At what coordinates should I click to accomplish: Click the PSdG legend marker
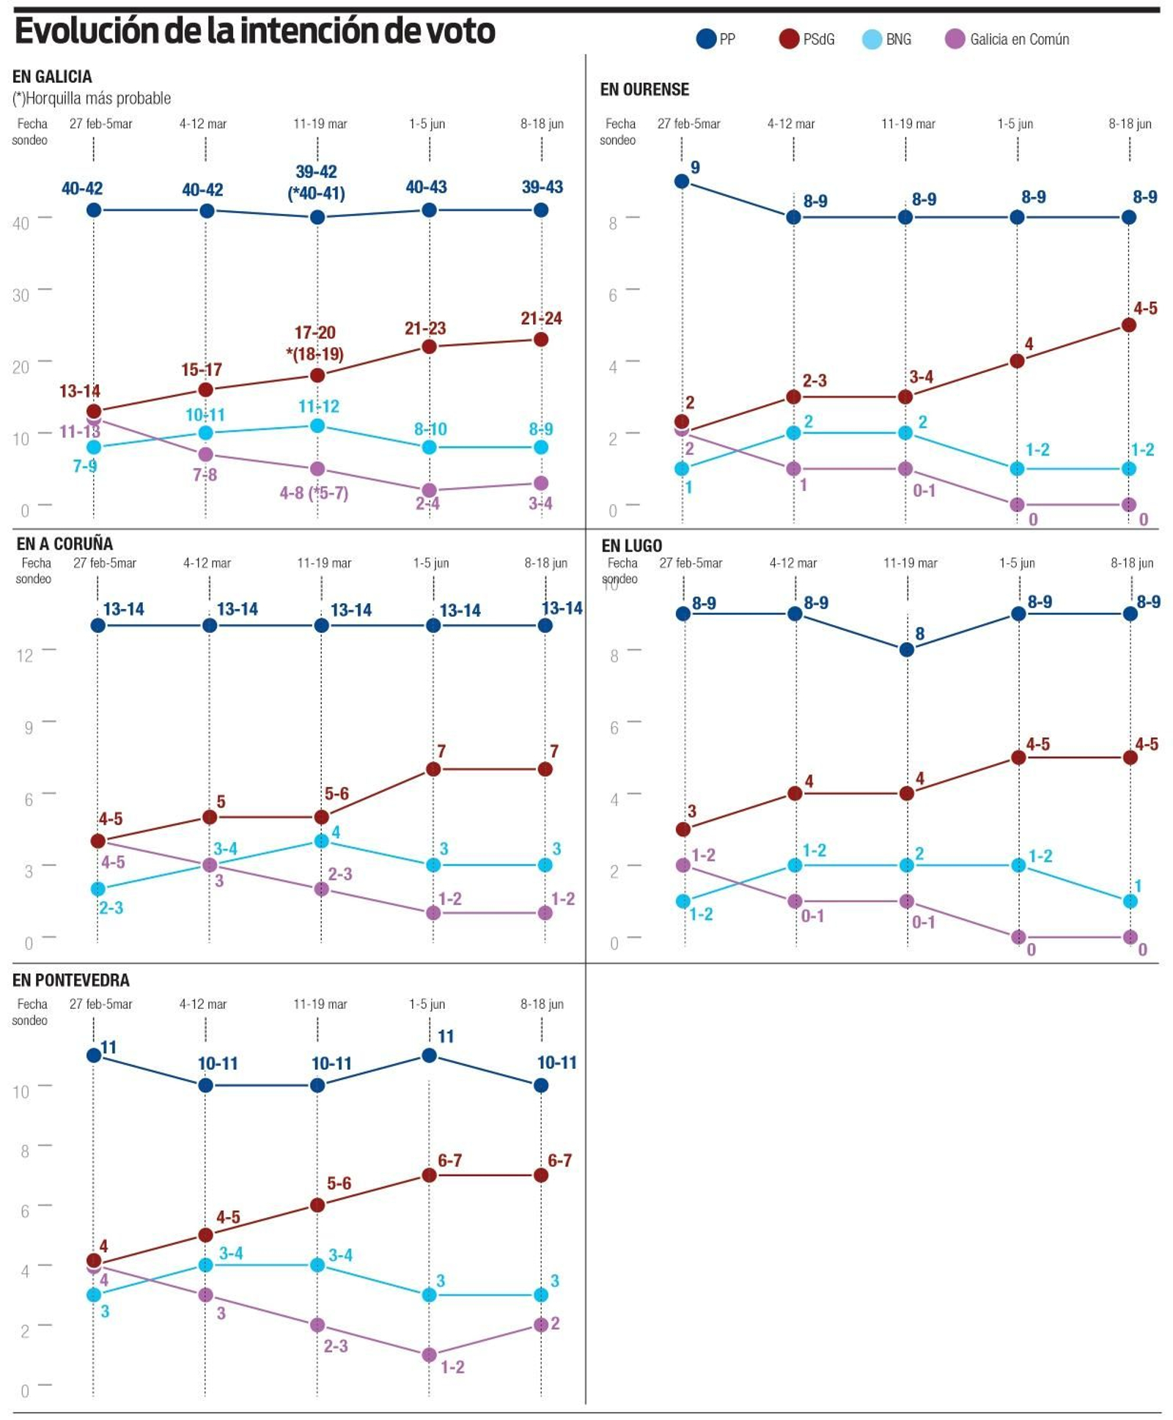click(x=788, y=39)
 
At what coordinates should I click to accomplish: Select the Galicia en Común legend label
click(x=1018, y=40)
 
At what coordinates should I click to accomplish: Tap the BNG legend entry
click(x=887, y=40)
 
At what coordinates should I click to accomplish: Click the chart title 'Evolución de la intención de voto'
click(x=254, y=32)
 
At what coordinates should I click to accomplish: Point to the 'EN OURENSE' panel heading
click(x=644, y=89)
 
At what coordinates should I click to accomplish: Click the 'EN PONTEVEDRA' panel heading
click(x=71, y=980)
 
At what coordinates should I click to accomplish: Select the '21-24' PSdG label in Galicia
click(x=541, y=319)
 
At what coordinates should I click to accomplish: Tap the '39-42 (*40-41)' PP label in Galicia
click(x=316, y=182)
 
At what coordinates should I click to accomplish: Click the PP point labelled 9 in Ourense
click(x=682, y=181)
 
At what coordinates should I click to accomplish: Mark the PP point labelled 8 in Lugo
click(x=907, y=649)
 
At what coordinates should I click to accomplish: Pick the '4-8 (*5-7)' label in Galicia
click(x=314, y=493)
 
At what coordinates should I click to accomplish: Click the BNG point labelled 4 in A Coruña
click(x=321, y=840)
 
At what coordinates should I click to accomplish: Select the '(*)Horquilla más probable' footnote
click(x=92, y=98)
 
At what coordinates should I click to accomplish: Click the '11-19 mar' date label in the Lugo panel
click(x=910, y=563)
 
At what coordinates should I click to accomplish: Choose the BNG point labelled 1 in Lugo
click(x=1130, y=901)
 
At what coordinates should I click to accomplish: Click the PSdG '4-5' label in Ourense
click(x=1145, y=308)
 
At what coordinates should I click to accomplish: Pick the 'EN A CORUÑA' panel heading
click(x=65, y=544)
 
